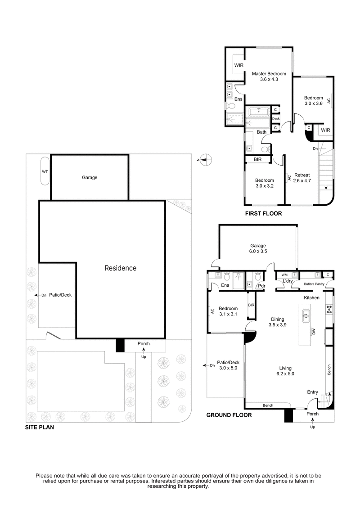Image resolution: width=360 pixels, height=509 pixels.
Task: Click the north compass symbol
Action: tap(205, 158)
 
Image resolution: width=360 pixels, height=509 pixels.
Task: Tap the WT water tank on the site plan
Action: tap(44, 171)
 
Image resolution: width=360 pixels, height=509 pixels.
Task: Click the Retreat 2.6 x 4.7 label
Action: tap(302, 178)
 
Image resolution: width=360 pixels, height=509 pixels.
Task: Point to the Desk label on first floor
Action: tap(276, 118)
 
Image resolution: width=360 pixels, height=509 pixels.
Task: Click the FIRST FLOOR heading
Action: tap(263, 214)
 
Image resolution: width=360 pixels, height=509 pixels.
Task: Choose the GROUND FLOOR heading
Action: tap(229, 415)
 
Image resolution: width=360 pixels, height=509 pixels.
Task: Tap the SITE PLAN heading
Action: tap(40, 428)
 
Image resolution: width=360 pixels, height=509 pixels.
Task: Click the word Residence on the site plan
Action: tap(120, 268)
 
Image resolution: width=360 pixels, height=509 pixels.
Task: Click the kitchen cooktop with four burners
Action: tap(329, 309)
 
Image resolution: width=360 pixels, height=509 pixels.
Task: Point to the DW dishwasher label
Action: tap(313, 332)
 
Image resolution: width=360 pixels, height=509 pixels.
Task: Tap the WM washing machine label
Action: tap(284, 275)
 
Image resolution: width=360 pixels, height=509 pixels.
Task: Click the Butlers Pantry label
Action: tap(314, 284)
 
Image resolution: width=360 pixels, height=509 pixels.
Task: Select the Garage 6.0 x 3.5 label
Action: tap(258, 249)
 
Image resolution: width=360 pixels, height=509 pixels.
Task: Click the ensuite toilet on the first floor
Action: tap(231, 106)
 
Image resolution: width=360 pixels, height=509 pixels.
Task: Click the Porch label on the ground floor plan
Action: tap(312, 414)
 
